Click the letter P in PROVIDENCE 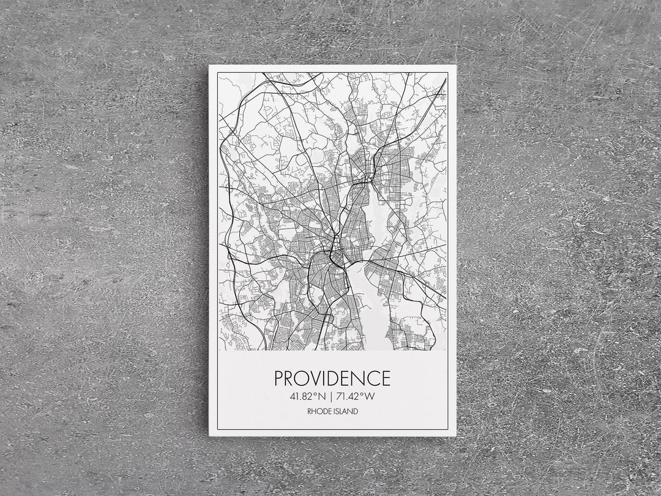point(280,378)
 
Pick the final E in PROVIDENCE point(384,378)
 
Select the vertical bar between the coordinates point(331,396)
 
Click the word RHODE point(319,411)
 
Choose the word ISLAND point(346,411)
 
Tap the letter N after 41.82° point(323,396)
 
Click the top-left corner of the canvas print point(209,66)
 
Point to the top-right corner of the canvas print point(454,66)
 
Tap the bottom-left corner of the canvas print point(209,435)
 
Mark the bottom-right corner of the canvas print point(455,435)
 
